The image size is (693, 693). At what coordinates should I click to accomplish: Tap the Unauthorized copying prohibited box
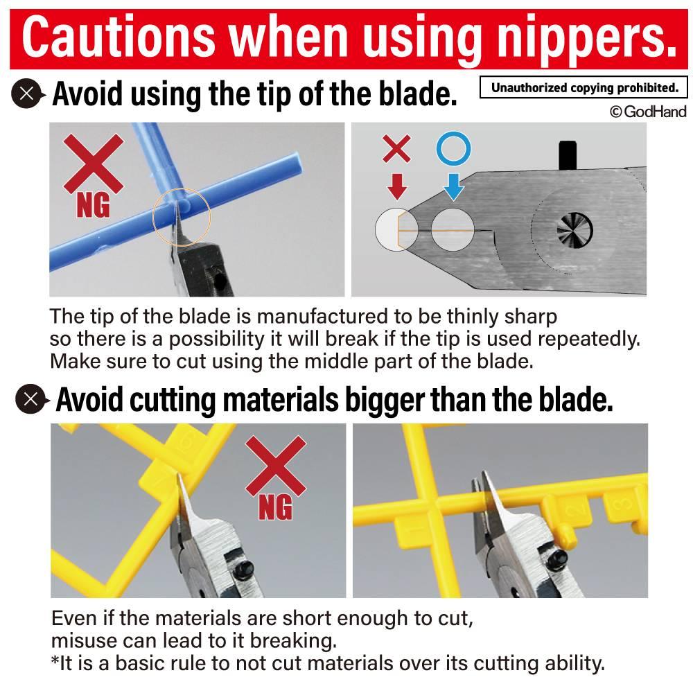[584, 87]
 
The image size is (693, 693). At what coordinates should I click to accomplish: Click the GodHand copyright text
[648, 112]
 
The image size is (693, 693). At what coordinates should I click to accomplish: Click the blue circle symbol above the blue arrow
[453, 148]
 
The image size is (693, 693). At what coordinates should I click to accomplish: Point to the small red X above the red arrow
[396, 148]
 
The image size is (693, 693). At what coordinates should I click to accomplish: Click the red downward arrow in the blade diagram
[397, 186]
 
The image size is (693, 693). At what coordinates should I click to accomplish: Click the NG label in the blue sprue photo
[93, 205]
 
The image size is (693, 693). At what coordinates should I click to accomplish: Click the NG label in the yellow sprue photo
[275, 507]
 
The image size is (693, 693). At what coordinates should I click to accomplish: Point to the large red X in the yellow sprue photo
[276, 466]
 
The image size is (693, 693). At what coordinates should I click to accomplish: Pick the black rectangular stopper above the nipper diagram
[568, 155]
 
